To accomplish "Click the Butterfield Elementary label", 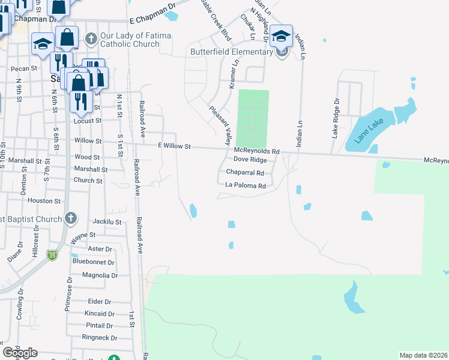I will pyautogui.click(x=232, y=52).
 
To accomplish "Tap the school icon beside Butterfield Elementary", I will pyautogui.click(x=281, y=36).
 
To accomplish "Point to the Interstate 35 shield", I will pyautogui.click(x=53, y=254).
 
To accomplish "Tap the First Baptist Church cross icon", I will pyautogui.click(x=71, y=219).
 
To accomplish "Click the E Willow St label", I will pyautogui.click(x=174, y=146).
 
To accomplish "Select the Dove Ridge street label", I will pyautogui.click(x=250, y=160).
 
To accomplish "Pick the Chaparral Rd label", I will pyautogui.click(x=245, y=172).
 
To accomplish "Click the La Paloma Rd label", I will pyautogui.click(x=245, y=186).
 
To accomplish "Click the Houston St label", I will pyautogui.click(x=44, y=201).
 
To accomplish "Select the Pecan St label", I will pyautogui.click(x=24, y=69).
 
